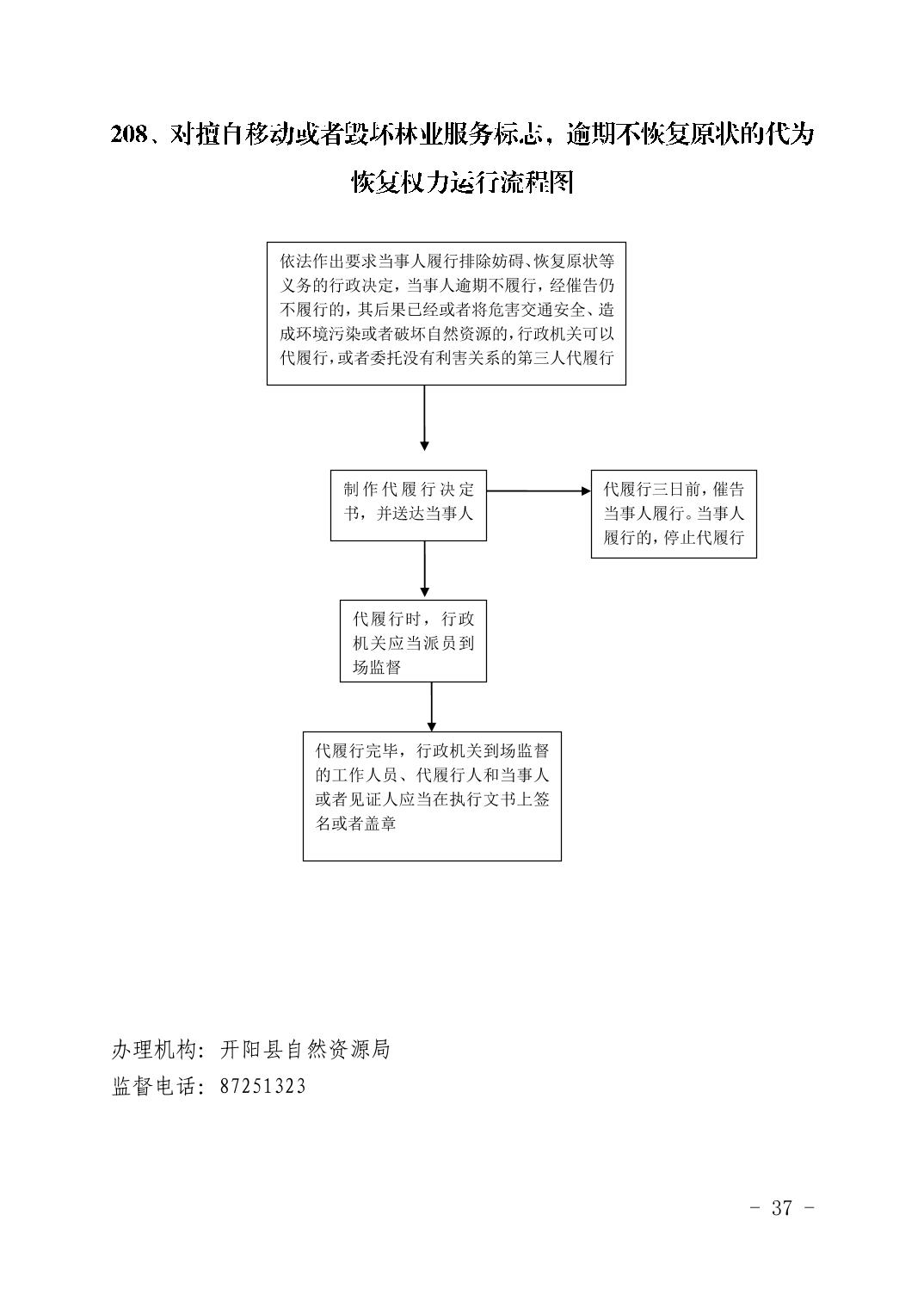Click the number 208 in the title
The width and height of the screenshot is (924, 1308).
click(x=129, y=135)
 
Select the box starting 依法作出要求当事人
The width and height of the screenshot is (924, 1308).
click(x=446, y=313)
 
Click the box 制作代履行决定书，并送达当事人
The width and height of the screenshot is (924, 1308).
click(x=408, y=505)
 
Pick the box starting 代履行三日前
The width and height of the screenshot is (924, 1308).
click(x=674, y=514)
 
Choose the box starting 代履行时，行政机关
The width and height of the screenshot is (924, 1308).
click(x=413, y=640)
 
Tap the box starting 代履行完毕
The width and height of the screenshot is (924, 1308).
click(x=432, y=796)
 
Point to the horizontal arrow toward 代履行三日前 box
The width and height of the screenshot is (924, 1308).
click(x=539, y=491)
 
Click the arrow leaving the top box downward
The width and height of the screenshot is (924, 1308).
click(x=424, y=418)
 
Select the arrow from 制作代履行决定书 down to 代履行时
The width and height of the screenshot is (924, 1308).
click(x=424, y=569)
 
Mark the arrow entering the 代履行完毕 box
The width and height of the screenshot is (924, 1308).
click(x=431, y=706)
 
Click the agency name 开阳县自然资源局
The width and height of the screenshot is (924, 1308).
click(x=305, y=1050)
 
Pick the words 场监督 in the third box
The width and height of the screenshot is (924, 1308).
click(x=377, y=667)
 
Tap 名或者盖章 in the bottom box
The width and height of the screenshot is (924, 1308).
click(x=355, y=824)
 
